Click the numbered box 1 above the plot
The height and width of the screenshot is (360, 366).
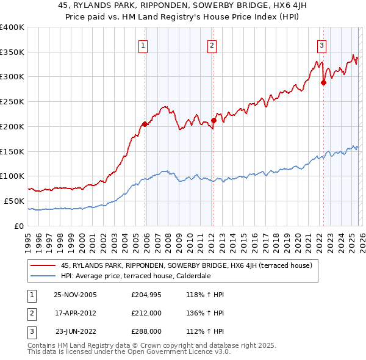143,44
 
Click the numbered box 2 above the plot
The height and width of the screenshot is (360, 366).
212,44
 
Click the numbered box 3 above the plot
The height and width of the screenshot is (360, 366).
321,44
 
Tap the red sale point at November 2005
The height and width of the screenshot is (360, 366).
145,124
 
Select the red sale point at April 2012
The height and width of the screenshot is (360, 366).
213,120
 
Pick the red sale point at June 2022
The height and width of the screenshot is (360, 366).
323,83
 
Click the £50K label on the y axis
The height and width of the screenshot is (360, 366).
14,201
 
